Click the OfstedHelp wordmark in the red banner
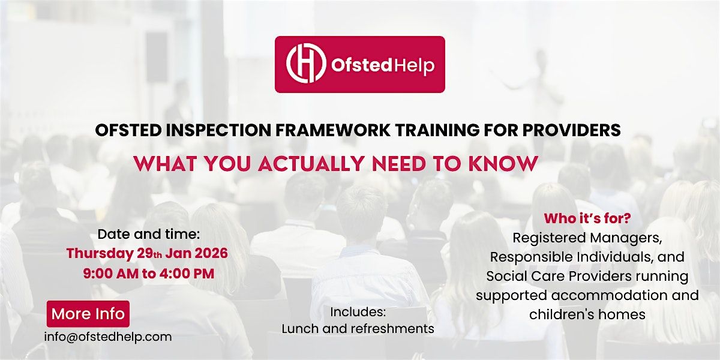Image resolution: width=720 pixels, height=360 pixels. click(x=382, y=65)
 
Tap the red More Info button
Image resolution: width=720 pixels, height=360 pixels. click(x=88, y=314)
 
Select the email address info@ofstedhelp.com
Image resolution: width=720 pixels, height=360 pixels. click(x=108, y=337)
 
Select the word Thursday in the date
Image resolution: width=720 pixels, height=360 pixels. click(x=100, y=253)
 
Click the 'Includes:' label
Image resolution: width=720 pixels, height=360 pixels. click(x=358, y=312)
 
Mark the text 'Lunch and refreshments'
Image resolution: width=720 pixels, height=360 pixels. click(x=358, y=329)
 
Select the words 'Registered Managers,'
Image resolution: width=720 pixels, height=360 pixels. click(x=587, y=238)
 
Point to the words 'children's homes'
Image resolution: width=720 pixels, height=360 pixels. click(x=587, y=314)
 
